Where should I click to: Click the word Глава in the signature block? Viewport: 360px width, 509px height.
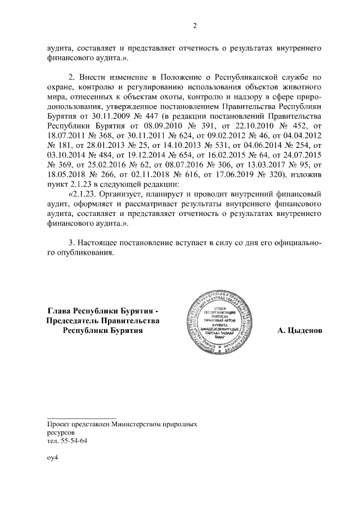(x=60, y=310)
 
